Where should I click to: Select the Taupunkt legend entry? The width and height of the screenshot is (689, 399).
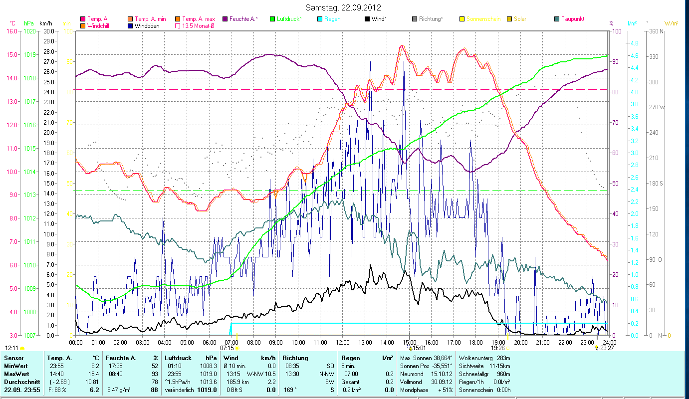[x=572, y=19]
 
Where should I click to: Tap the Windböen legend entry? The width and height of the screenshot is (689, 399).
[x=147, y=25]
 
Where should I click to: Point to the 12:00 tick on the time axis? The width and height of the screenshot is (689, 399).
[x=343, y=343]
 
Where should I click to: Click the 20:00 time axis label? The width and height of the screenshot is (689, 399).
[x=521, y=343]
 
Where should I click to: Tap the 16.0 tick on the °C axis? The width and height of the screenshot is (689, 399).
[x=11, y=31]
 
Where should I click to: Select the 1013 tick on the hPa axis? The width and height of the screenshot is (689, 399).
[x=29, y=195]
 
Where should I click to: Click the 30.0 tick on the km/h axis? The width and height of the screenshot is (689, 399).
[x=48, y=31]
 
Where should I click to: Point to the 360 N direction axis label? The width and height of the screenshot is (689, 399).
[x=657, y=31]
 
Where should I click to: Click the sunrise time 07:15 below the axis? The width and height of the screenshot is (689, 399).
[x=227, y=348]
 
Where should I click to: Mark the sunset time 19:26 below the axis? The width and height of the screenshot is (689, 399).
[x=498, y=348]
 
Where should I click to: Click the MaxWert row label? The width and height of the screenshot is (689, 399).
[x=17, y=374]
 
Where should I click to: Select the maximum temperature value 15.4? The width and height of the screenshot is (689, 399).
[x=94, y=374]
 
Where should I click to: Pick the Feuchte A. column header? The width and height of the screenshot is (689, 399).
[x=119, y=358]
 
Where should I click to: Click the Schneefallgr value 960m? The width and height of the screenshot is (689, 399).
[x=510, y=374]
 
